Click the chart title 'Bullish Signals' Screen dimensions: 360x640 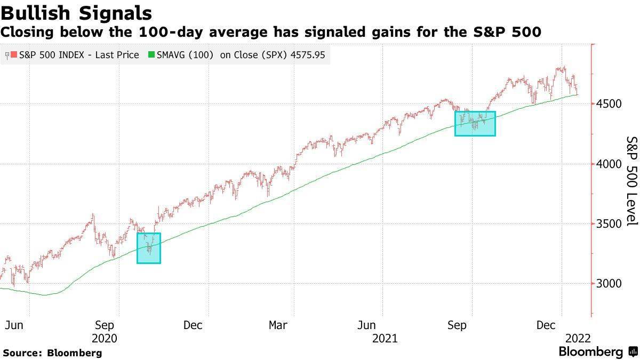coord(76,13)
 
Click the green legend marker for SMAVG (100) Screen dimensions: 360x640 coord(151,55)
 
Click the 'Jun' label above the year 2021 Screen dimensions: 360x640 coord(369,325)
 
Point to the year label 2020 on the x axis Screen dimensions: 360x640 coord(105,338)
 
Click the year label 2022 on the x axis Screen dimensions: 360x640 coord(578,338)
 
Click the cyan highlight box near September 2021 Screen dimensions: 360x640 coord(475,123)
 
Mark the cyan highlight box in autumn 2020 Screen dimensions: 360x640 coord(149,247)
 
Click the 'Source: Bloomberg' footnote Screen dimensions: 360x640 coord(52,353)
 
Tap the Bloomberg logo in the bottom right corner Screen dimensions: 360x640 coord(597,352)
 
